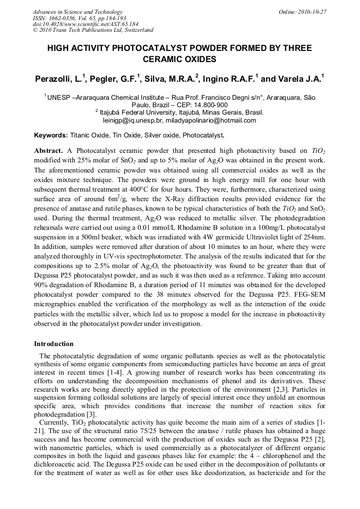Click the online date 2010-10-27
[x=312, y=12]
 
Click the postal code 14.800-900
[x=209, y=105]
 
